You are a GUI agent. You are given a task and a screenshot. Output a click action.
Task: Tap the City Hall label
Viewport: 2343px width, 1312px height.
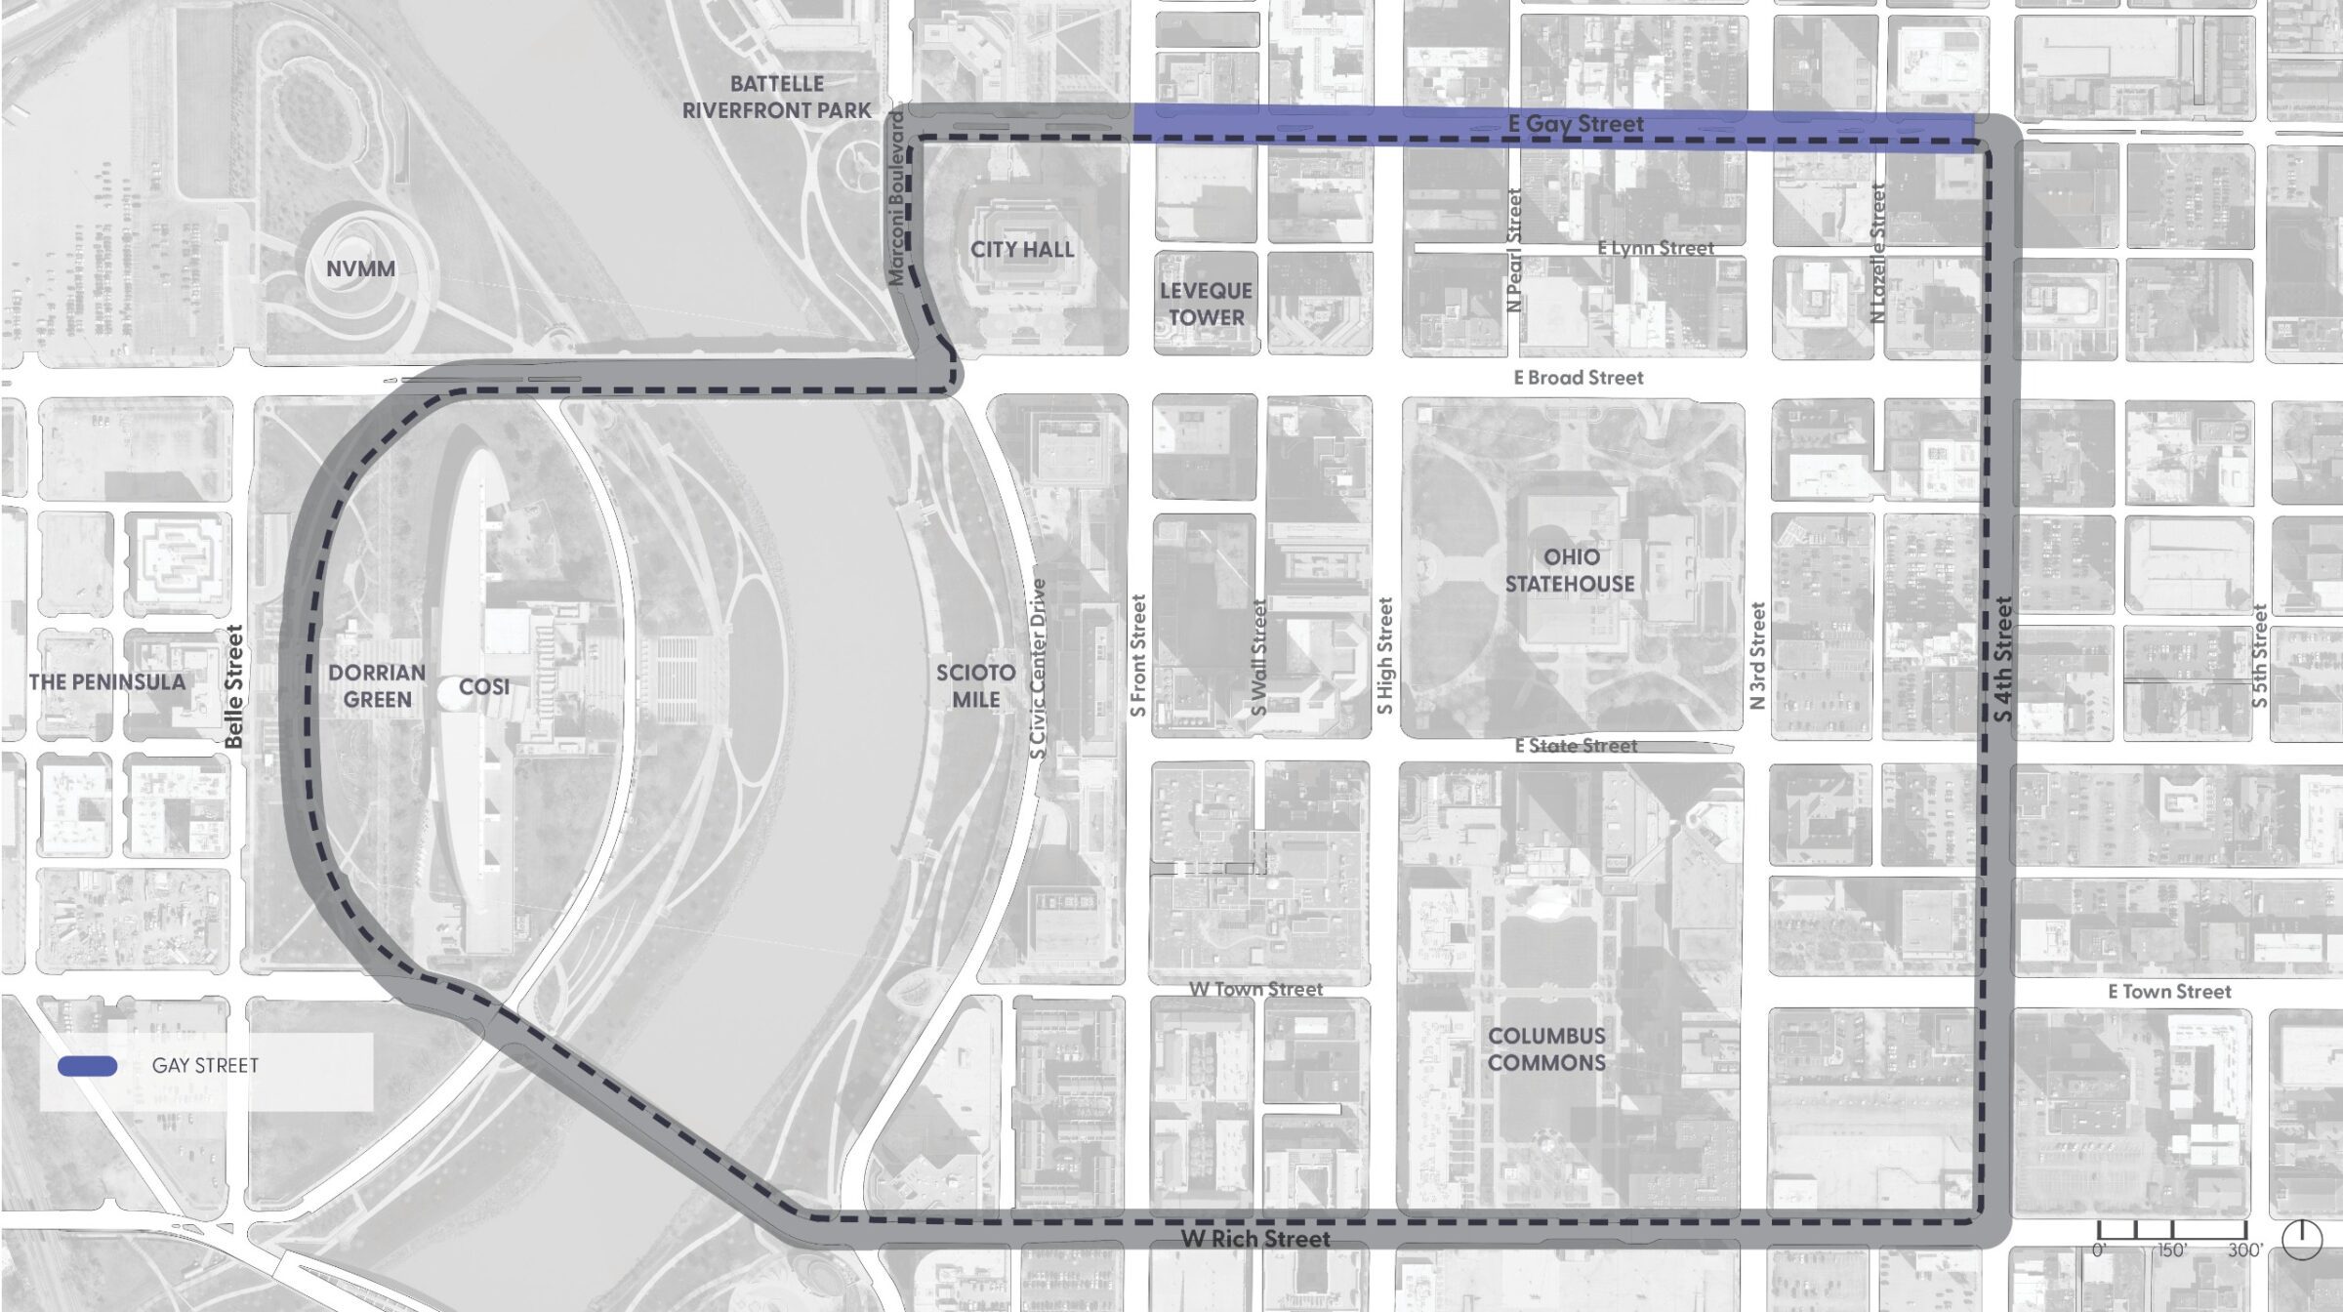pyautogui.click(x=1021, y=250)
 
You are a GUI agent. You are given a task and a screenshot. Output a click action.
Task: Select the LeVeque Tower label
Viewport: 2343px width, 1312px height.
pyautogui.click(x=1206, y=304)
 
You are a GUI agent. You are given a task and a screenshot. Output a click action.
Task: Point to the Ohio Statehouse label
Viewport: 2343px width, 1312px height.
pyautogui.click(x=1570, y=570)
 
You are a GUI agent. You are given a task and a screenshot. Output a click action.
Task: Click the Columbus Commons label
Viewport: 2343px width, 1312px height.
pyautogui.click(x=1546, y=1049)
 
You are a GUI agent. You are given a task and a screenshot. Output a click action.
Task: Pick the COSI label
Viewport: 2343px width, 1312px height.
pyautogui.click(x=484, y=687)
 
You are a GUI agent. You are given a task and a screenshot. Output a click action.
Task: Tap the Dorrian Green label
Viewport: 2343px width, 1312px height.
pyautogui.click(x=377, y=686)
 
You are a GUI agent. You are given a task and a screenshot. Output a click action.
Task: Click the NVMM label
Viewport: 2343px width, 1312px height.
pyautogui.click(x=360, y=268)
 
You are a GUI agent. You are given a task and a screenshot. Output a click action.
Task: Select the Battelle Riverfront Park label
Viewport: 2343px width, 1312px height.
pyautogui.click(x=776, y=98)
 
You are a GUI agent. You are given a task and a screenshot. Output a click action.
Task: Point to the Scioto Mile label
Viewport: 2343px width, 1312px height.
pyautogui.click(x=975, y=686)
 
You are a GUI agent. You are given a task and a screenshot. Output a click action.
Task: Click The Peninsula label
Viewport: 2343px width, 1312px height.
pyautogui.click(x=107, y=681)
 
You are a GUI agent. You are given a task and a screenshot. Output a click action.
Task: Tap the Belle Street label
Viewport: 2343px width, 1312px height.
pyautogui.click(x=234, y=686)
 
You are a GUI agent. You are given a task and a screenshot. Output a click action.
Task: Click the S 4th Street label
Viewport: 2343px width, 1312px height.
pyautogui.click(x=2002, y=660)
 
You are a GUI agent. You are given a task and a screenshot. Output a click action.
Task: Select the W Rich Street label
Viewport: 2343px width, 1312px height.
pyautogui.click(x=1255, y=1239)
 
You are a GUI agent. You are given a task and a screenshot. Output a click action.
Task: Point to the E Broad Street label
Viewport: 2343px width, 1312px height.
pyautogui.click(x=1579, y=378)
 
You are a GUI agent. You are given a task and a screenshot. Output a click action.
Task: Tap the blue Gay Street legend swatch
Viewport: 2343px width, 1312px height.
pyautogui.click(x=88, y=1066)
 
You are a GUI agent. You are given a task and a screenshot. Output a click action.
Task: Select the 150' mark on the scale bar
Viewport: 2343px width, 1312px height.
pyautogui.click(x=2171, y=1250)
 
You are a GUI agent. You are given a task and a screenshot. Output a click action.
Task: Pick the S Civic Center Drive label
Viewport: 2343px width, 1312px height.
pyautogui.click(x=1038, y=669)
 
